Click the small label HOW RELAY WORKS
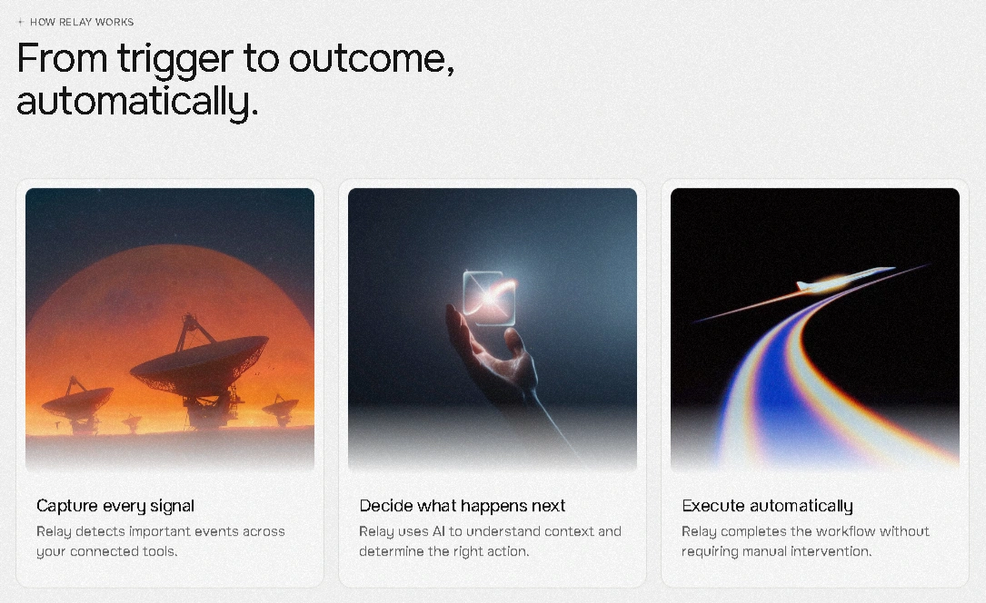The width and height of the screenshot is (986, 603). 82,22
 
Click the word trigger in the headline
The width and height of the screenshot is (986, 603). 174,61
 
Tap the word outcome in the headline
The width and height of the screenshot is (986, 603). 372,59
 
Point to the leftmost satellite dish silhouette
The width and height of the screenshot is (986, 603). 78,405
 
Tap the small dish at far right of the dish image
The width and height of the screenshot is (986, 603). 280,410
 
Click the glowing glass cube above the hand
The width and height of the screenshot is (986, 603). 489,299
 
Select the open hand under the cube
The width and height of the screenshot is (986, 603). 493,358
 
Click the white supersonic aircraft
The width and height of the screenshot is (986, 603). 844,280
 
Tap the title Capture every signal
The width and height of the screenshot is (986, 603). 115,506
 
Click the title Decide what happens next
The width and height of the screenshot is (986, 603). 463,506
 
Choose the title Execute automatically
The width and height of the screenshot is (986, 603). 767,506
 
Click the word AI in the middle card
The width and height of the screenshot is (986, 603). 438,531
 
